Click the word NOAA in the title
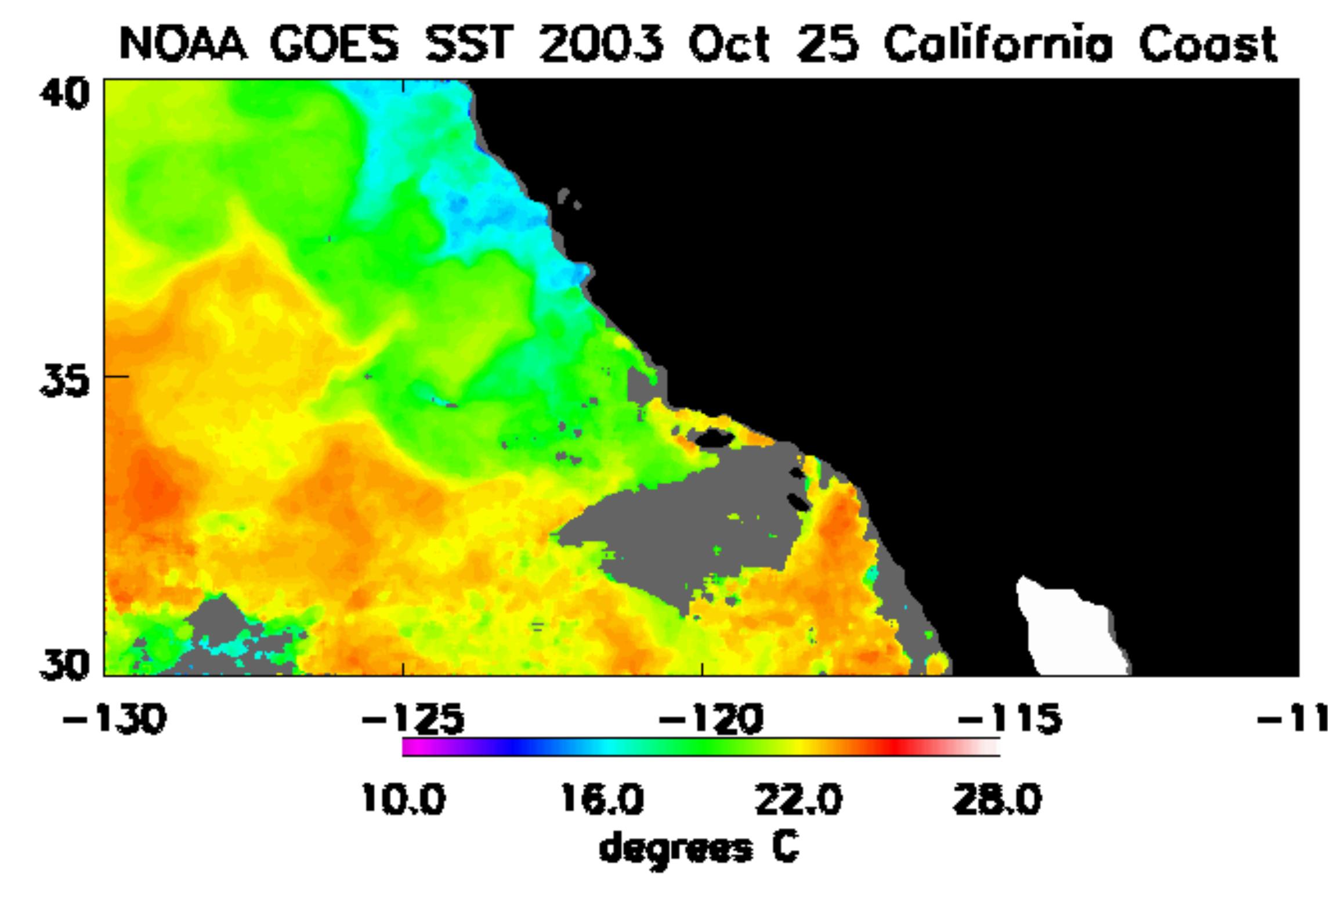click(183, 45)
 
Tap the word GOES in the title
click(335, 45)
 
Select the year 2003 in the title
click(600, 45)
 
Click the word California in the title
click(998, 45)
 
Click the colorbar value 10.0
click(403, 800)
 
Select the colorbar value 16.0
click(602, 800)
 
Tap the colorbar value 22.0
click(798, 800)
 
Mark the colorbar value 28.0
click(997, 800)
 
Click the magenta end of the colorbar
click(409, 747)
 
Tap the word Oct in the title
click(729, 45)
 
